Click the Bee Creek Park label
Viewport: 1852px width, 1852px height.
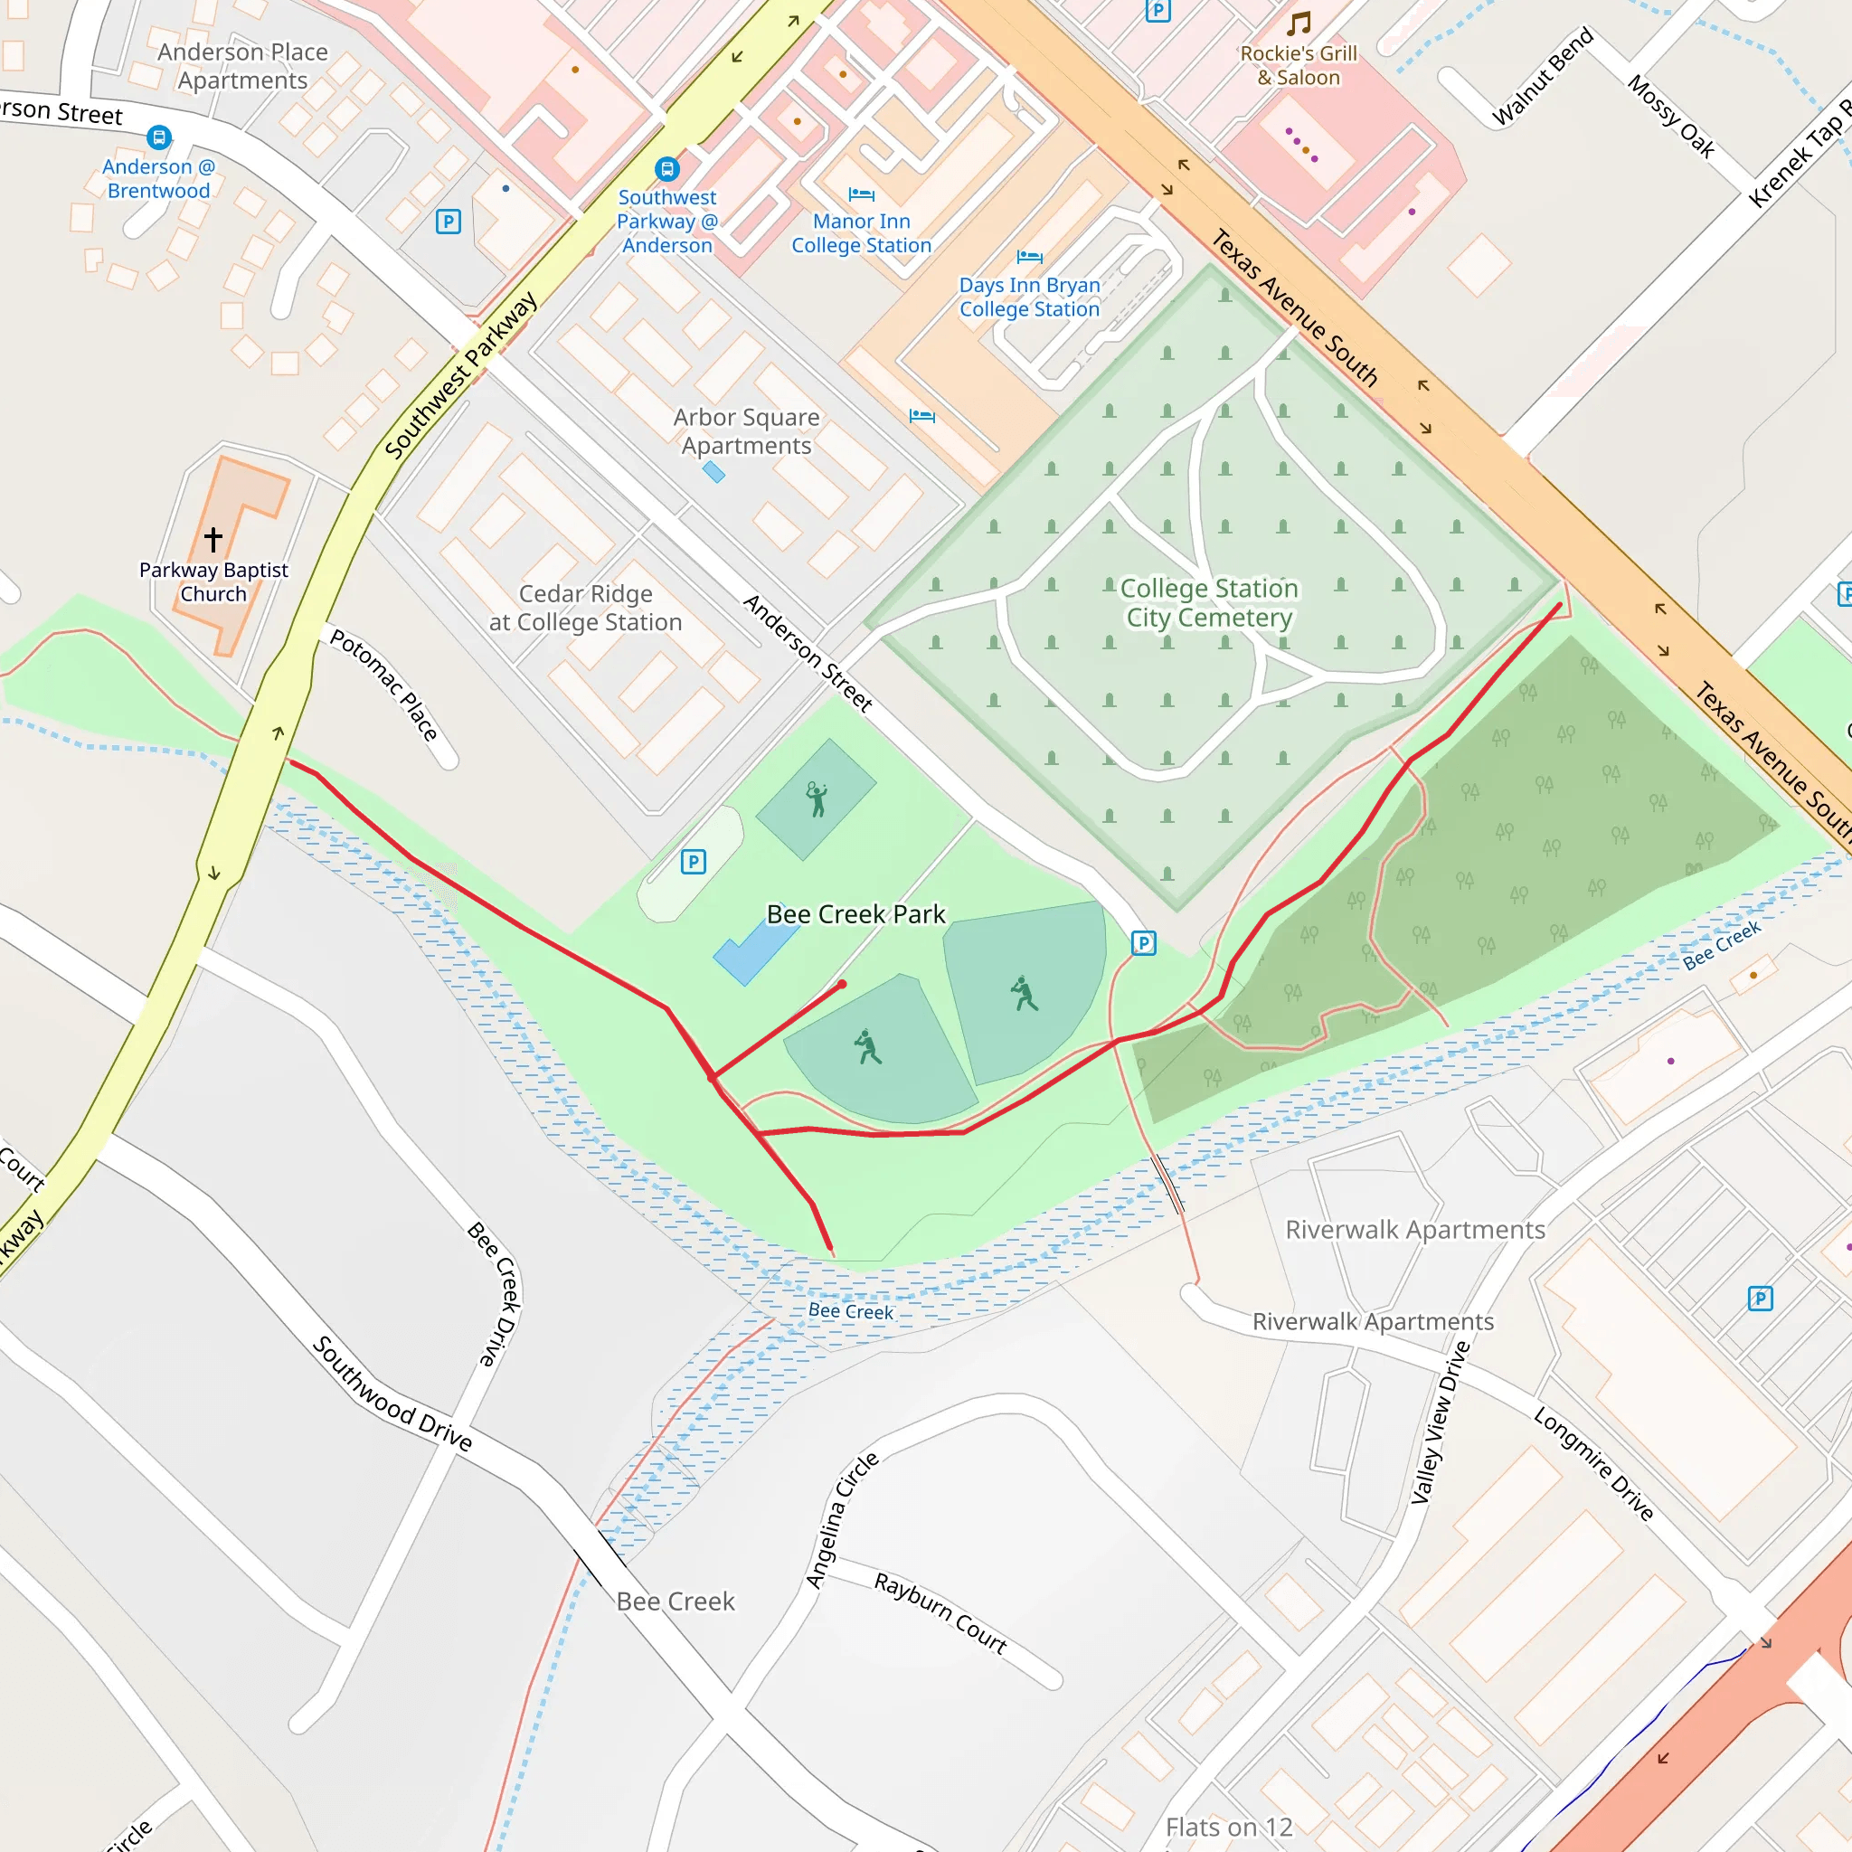tap(855, 914)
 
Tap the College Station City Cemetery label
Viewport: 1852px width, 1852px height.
tap(1209, 603)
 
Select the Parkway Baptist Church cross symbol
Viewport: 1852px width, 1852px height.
tap(213, 540)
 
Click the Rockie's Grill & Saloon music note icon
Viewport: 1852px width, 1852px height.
tap(1299, 23)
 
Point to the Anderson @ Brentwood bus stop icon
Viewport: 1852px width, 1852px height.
tap(159, 138)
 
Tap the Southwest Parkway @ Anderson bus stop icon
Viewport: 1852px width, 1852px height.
tap(666, 170)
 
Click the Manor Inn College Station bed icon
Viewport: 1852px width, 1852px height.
tap(861, 195)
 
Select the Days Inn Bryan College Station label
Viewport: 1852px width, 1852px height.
tap(1028, 298)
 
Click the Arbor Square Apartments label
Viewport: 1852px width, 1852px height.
tap(746, 431)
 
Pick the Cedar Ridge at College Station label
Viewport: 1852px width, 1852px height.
tap(585, 608)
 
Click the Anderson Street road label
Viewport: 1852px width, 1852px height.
tap(808, 653)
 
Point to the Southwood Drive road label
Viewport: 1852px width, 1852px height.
tap(392, 1393)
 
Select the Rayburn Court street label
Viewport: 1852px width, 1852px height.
tap(940, 1613)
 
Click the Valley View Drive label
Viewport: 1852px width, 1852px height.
tap(1440, 1422)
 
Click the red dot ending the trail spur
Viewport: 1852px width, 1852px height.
tap(842, 985)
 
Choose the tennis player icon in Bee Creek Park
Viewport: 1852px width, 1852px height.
tap(816, 798)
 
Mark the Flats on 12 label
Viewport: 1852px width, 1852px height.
tap(1229, 1827)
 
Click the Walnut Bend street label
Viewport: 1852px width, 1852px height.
tap(1543, 77)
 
